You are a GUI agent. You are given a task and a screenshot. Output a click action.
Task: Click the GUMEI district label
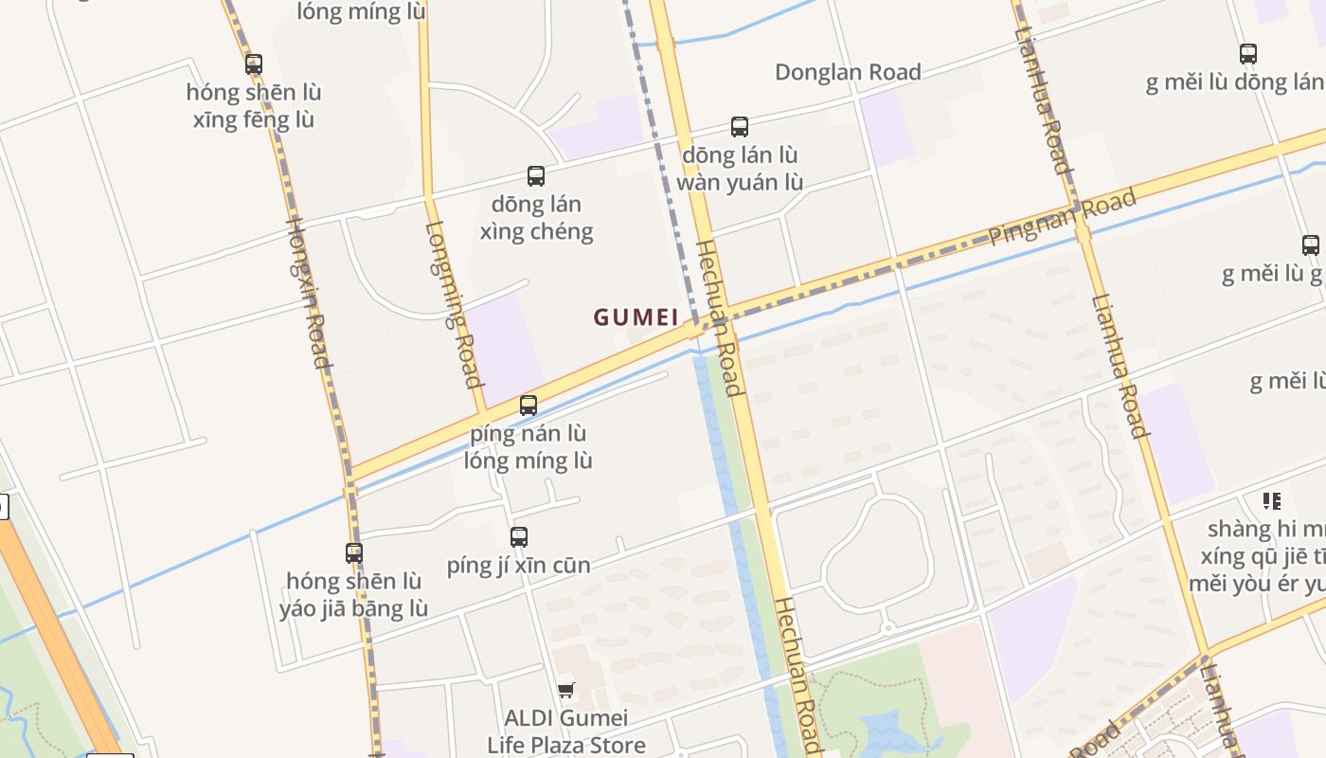(x=636, y=316)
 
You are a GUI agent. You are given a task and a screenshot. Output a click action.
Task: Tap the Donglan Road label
(x=848, y=72)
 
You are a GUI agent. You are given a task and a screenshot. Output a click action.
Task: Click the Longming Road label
(x=454, y=304)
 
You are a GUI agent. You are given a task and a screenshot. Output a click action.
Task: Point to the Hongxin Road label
(x=309, y=292)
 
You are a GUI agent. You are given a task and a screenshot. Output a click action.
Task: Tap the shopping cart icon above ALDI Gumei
(x=565, y=690)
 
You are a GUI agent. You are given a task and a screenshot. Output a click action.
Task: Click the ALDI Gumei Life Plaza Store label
(x=566, y=731)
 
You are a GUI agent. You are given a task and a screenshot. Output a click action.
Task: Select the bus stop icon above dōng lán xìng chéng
(x=536, y=176)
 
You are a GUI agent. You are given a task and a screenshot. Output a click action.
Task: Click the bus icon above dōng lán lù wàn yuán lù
(x=740, y=127)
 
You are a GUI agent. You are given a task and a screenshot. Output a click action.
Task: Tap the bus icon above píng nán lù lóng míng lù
(x=529, y=406)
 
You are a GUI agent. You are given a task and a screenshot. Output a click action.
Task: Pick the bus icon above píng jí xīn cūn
(x=519, y=537)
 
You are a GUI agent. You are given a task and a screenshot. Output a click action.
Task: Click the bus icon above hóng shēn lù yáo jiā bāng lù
(x=354, y=552)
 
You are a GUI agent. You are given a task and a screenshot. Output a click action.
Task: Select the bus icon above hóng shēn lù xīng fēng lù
(x=254, y=64)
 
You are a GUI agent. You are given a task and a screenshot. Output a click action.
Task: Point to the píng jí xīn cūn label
(x=519, y=566)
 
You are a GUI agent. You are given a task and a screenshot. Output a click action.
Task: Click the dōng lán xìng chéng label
(x=537, y=218)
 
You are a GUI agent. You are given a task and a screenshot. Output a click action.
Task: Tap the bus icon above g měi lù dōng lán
(x=1248, y=54)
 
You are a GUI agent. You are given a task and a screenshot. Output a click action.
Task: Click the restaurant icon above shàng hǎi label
(x=1271, y=500)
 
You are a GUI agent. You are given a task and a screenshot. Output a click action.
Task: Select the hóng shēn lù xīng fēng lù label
(x=254, y=106)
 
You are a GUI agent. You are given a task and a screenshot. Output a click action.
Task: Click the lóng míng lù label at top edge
(x=361, y=12)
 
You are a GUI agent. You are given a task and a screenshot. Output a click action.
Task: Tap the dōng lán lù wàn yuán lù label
(x=740, y=169)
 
